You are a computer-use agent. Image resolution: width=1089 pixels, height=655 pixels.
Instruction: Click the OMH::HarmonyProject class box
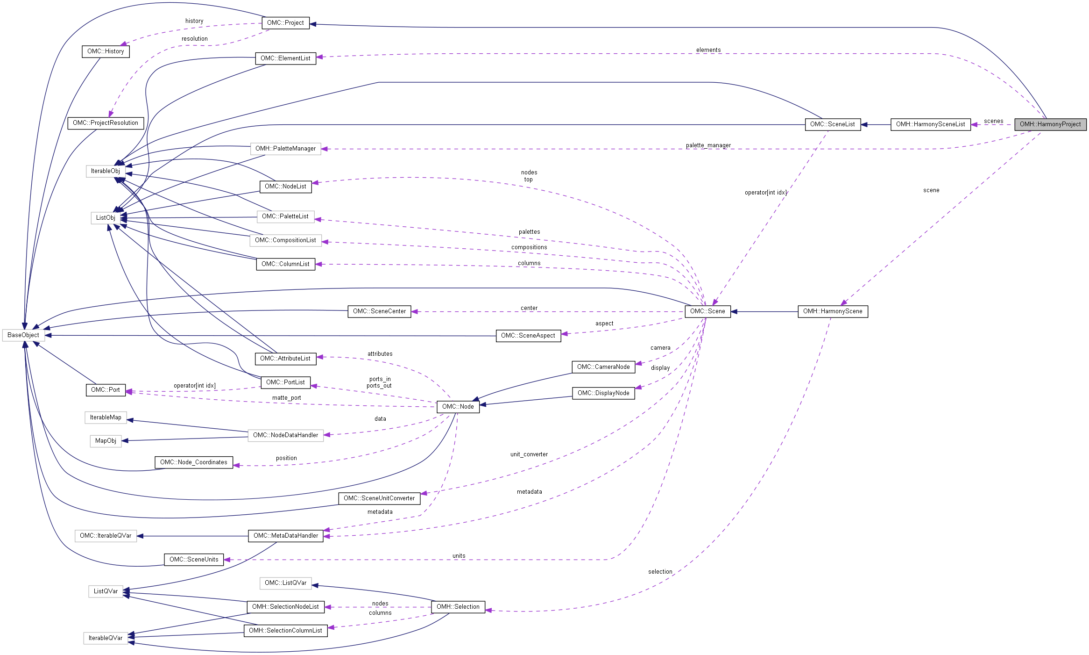pos(1050,124)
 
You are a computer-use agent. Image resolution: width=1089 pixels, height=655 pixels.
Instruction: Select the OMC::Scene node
pos(707,311)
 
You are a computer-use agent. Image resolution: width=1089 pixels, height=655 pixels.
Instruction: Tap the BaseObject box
pos(23,335)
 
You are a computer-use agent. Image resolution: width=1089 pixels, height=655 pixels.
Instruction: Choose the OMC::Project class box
pos(285,23)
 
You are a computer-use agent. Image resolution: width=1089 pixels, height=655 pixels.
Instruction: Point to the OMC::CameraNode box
pos(603,367)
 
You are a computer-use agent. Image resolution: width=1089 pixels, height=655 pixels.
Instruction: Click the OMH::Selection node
pos(458,607)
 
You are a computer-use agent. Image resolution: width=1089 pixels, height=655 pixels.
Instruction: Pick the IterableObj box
pos(105,171)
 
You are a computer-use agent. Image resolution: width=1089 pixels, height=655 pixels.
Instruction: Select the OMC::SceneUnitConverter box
pos(379,498)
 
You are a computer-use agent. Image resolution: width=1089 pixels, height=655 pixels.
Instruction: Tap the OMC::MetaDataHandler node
pos(285,536)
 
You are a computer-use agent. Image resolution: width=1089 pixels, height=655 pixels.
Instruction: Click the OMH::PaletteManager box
pos(285,149)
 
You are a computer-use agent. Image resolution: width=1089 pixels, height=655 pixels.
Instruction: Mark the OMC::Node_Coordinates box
pos(193,462)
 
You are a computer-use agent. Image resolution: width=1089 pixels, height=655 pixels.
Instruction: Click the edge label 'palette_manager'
pos(708,145)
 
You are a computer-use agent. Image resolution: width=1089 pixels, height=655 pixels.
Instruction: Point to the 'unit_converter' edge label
pos(529,454)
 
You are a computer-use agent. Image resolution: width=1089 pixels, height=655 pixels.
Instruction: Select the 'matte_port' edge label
pos(286,398)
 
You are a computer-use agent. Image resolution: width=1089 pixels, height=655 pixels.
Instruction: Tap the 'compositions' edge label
pos(529,247)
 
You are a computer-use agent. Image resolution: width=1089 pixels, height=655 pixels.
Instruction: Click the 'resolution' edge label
pos(194,39)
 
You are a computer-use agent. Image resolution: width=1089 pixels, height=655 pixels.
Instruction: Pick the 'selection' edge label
pos(660,572)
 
